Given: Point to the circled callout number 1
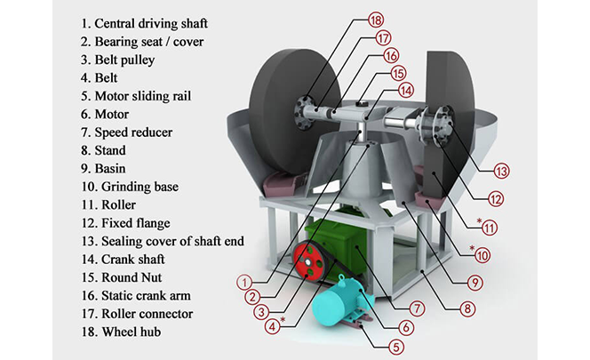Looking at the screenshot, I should tap(242, 282).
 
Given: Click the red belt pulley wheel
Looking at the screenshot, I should tap(308, 263).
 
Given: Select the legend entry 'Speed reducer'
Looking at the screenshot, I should tap(134, 132).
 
